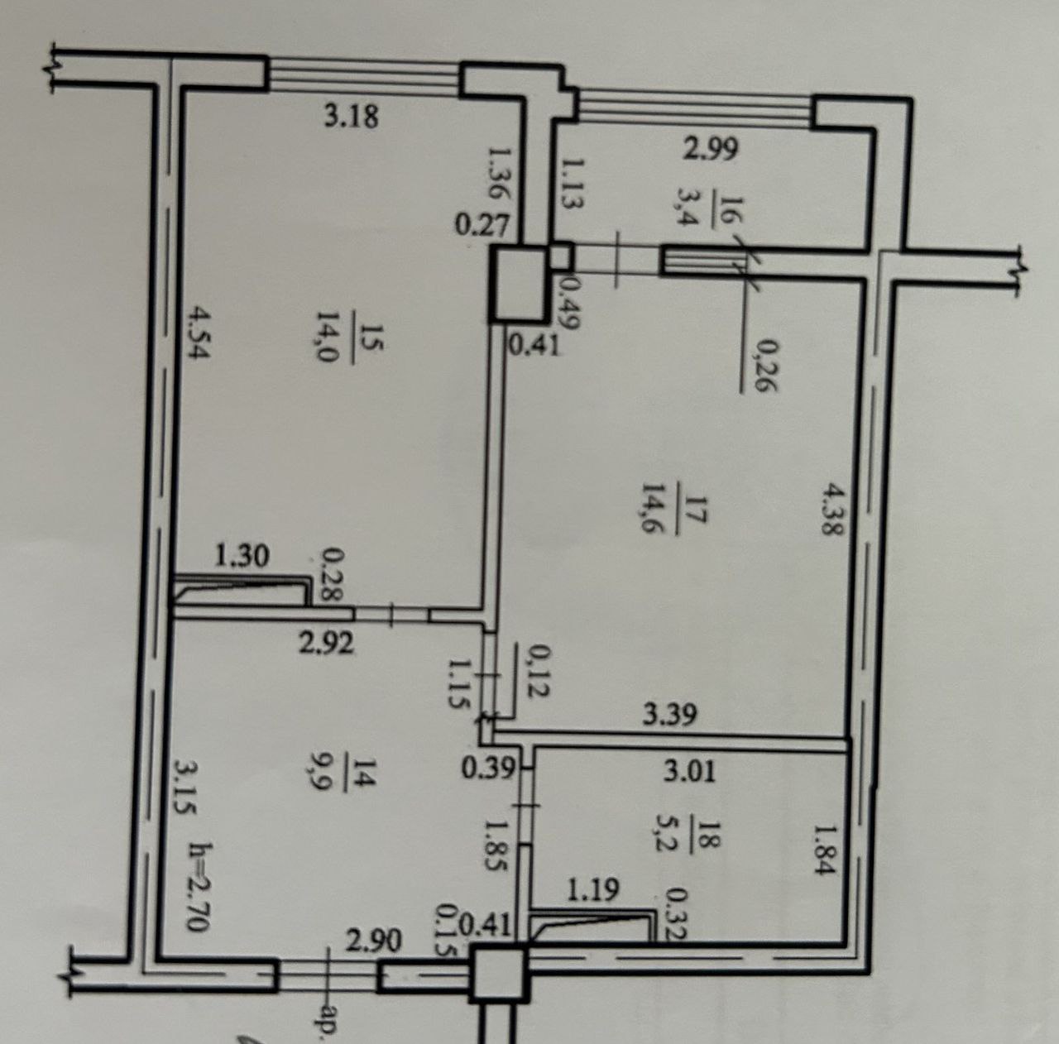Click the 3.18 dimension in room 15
click(351, 117)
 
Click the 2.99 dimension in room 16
click(711, 148)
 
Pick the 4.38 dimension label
click(832, 509)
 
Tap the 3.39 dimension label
click(670, 714)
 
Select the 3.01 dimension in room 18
click(690, 772)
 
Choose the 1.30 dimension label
click(242, 557)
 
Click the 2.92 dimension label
click(326, 643)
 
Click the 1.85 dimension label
click(496, 844)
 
